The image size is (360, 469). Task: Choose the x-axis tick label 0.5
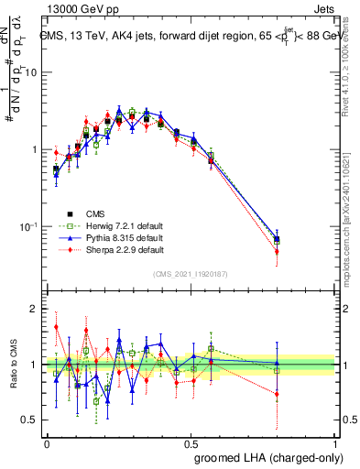coord(191,442)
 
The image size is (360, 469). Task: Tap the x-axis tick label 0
coord(47,442)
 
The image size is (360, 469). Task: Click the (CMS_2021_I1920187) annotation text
coord(191,273)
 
